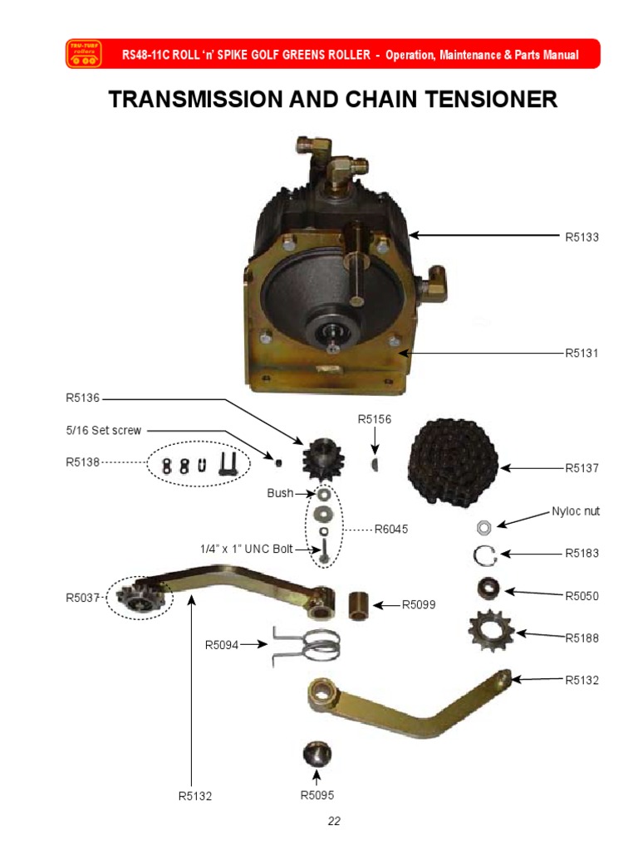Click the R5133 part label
[x=583, y=237]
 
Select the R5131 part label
[x=583, y=353]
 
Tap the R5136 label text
[x=83, y=398]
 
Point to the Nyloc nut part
[x=483, y=527]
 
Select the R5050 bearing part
[x=488, y=589]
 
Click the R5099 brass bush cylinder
[x=359, y=603]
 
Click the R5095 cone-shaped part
[x=317, y=755]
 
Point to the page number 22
[x=334, y=822]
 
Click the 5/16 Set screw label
[x=105, y=431]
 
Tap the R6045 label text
[x=391, y=528]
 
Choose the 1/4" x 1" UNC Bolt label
[x=247, y=549]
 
